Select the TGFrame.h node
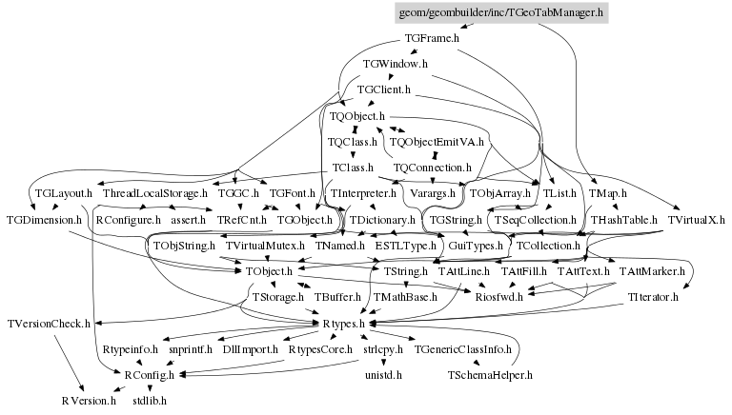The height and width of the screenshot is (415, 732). point(432,39)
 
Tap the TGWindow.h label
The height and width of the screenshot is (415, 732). point(395,65)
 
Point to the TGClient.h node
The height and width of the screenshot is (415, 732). point(383,90)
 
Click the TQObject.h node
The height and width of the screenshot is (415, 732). point(356,116)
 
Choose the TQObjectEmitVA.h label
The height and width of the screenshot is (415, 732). point(437,142)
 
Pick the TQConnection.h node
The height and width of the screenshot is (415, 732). point(432,168)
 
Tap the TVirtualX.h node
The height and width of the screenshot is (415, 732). point(697,220)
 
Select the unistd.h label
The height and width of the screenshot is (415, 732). point(383,375)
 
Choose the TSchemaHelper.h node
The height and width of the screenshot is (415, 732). point(489,375)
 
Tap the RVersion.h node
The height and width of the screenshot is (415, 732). point(89,401)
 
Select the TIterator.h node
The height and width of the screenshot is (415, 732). point(653,298)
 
